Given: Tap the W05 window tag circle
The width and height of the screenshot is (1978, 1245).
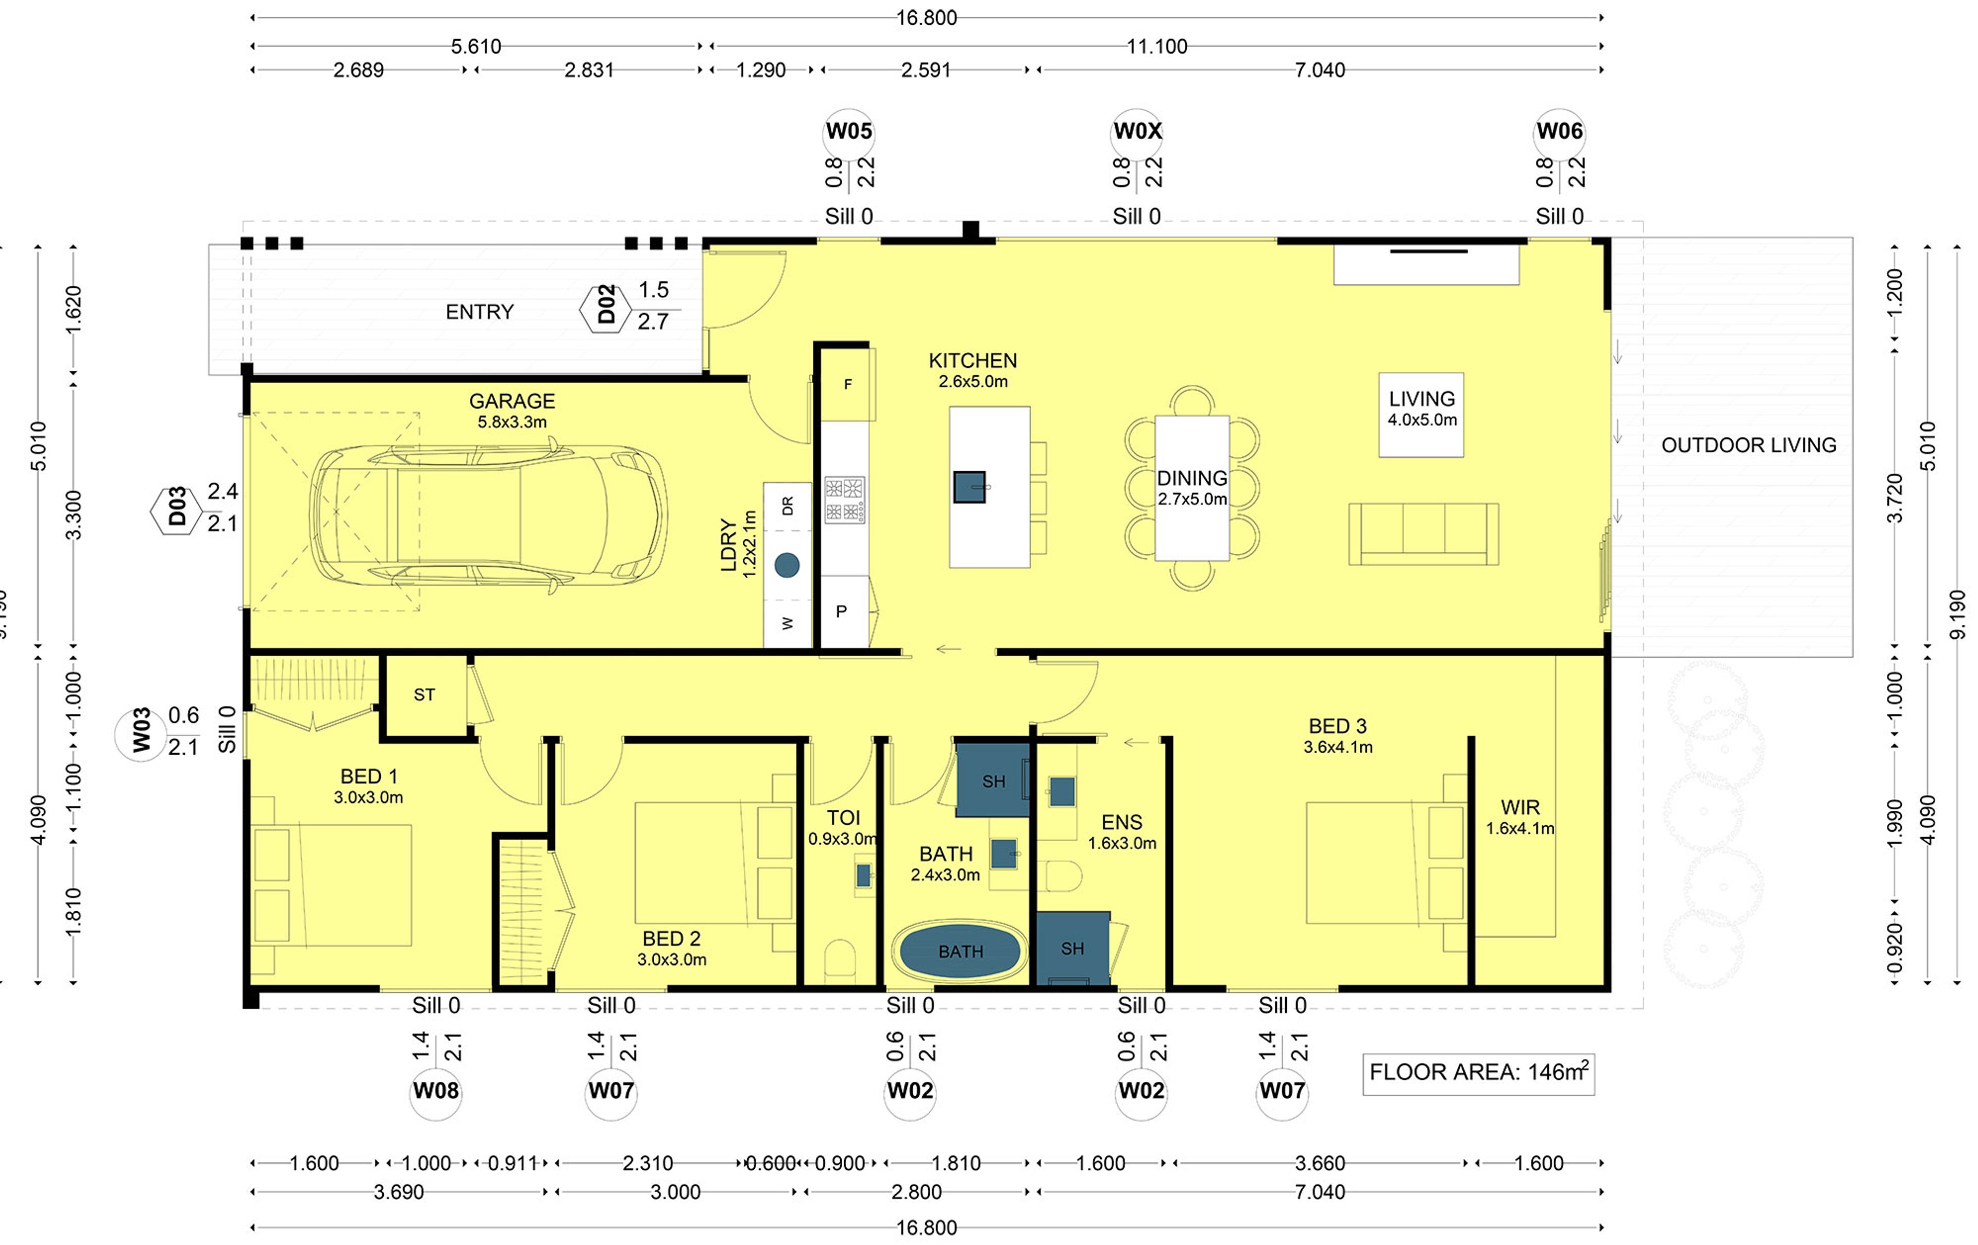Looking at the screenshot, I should coord(848,131).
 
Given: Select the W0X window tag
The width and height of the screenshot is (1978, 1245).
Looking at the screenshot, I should coord(1137,131).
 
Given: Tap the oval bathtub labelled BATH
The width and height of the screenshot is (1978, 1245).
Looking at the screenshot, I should coord(960,951).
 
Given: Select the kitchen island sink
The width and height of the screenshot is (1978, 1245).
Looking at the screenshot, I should coord(969,486).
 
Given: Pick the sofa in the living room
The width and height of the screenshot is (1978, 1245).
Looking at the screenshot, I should coord(1424,534).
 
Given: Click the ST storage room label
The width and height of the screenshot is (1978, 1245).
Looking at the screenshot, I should coord(424,695).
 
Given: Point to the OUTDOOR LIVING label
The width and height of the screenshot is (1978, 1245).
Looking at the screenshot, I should coord(1748,445).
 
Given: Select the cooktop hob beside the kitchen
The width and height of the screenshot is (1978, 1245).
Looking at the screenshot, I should coord(844,499).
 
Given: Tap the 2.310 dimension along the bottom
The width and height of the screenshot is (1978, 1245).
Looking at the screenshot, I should coord(647,1163).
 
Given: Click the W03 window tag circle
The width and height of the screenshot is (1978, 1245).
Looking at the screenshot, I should coord(141,731).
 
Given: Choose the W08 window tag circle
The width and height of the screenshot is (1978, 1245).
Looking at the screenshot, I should coord(435,1090).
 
